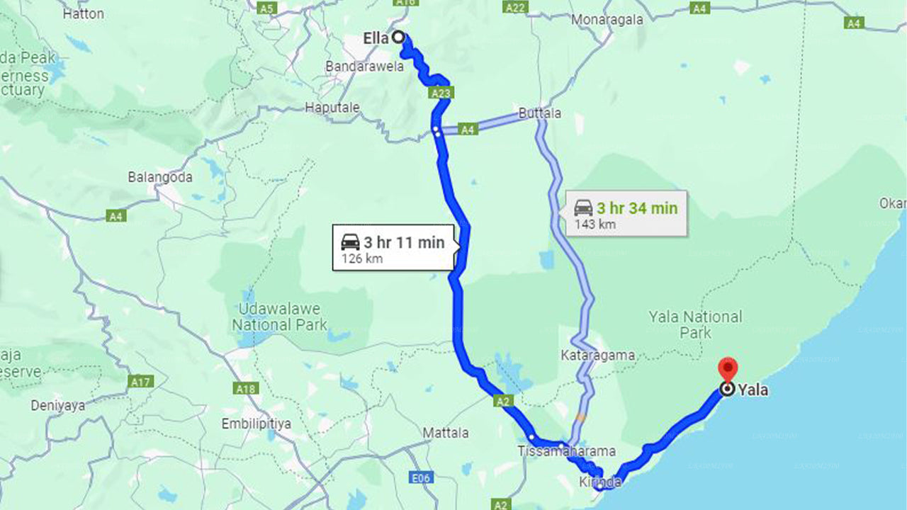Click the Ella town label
[376, 38]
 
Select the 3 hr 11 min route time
[404, 242]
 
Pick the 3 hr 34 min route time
[636, 208]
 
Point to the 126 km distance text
[362, 259]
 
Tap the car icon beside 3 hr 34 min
[582, 208]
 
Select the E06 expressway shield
[421, 479]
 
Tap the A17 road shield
[141, 382]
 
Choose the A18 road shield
[245, 388]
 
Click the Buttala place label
[540, 113]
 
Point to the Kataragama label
[597, 355]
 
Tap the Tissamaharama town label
[567, 451]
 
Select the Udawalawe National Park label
[279, 317]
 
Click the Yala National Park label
[695, 324]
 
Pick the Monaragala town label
[607, 19]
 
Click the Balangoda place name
[160, 177]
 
